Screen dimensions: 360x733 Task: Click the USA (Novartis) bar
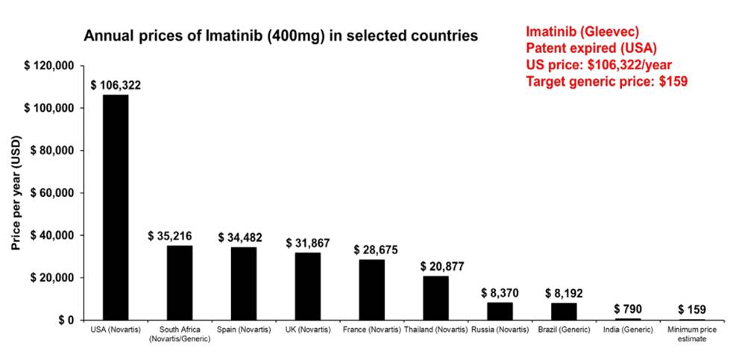click(116, 207)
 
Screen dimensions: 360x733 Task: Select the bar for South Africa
click(180, 282)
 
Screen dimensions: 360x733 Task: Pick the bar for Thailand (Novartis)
click(435, 297)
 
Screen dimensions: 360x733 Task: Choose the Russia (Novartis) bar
click(500, 311)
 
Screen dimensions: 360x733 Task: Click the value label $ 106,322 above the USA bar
click(116, 86)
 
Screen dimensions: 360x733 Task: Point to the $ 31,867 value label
click(308, 243)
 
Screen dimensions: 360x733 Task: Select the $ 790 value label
click(628, 309)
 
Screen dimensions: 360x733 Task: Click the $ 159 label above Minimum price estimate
click(692, 309)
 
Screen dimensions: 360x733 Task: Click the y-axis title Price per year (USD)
click(16, 193)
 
